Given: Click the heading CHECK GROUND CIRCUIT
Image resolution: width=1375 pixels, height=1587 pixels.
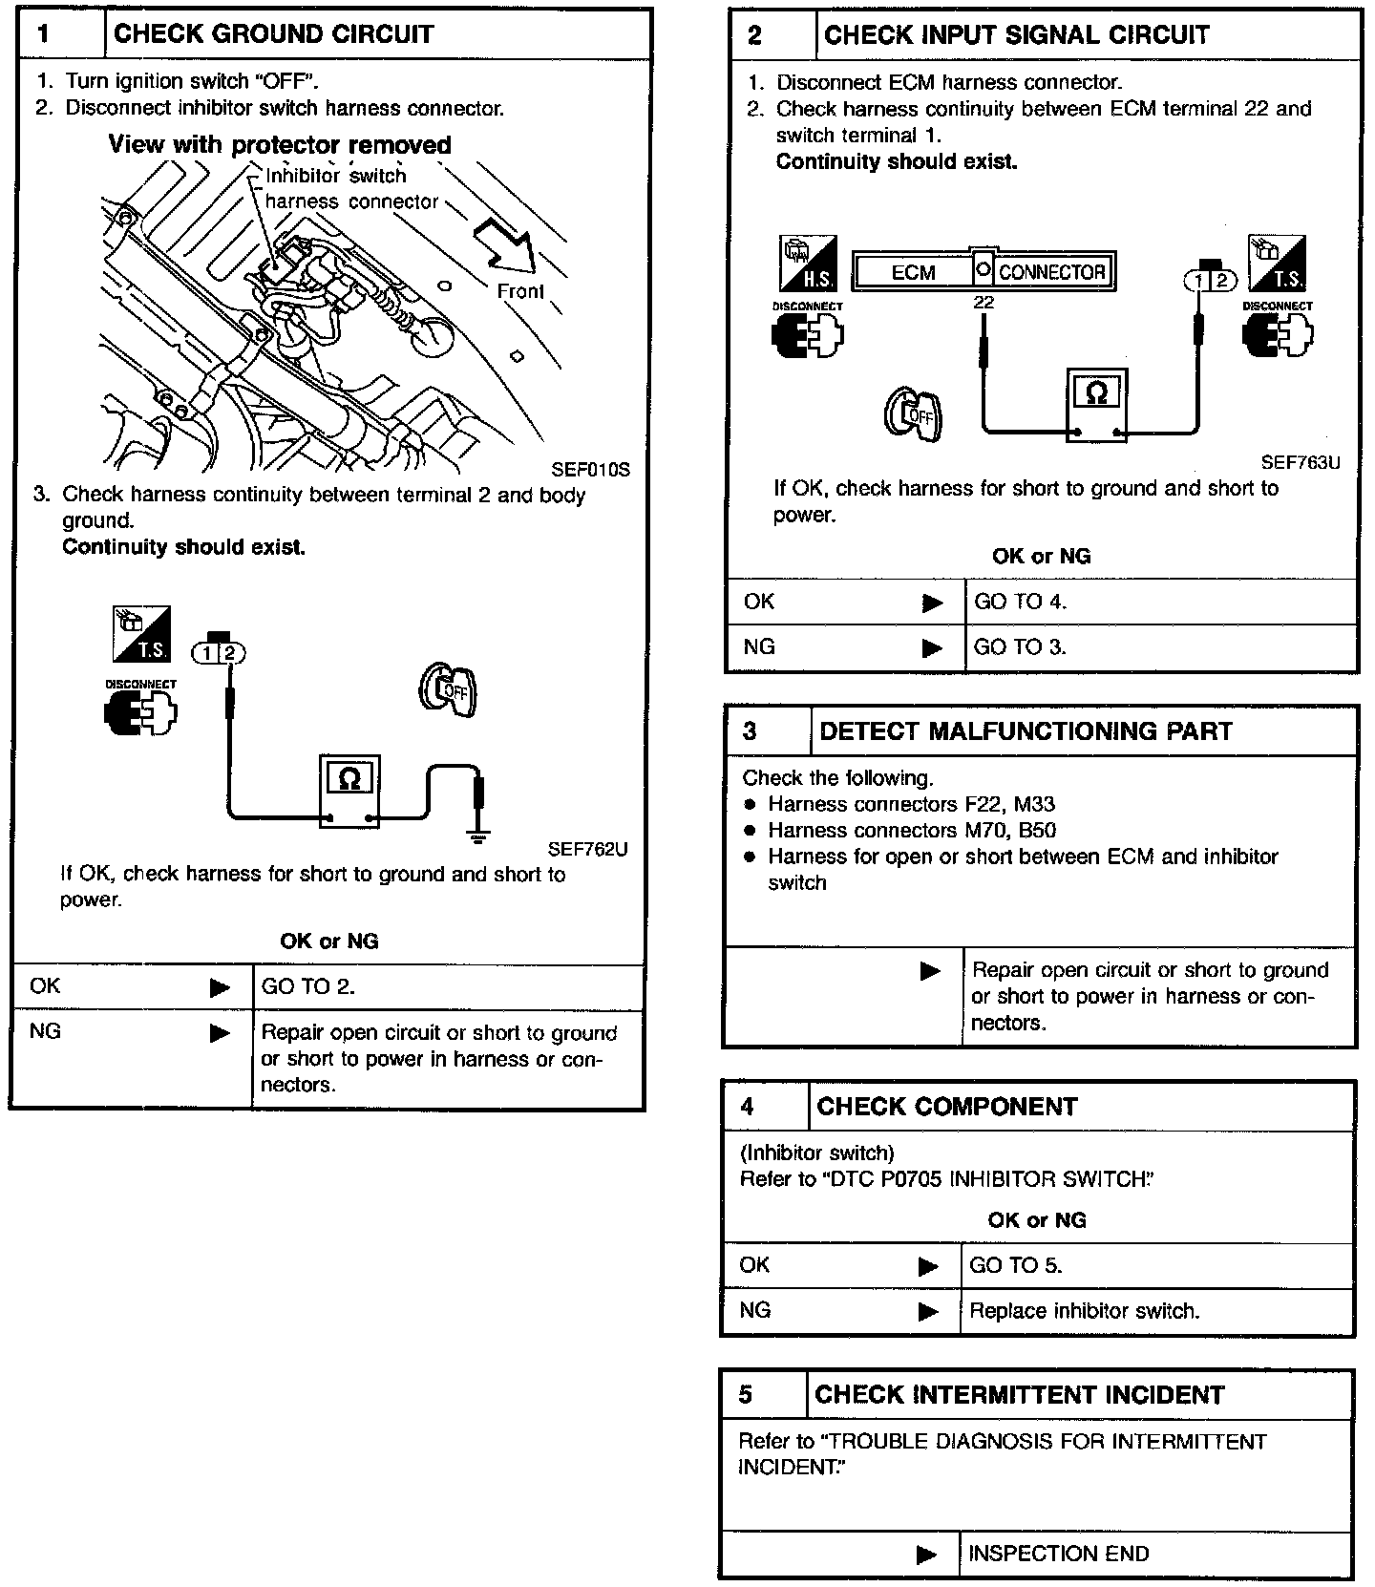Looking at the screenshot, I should (273, 34).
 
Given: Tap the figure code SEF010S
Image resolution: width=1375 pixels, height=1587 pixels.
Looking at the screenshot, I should (590, 470).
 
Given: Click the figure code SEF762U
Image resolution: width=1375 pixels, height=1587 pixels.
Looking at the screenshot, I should (587, 849).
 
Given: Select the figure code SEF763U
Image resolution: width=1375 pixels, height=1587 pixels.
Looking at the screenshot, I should (1300, 462).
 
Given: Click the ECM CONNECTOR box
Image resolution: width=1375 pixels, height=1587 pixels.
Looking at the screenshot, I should (984, 272).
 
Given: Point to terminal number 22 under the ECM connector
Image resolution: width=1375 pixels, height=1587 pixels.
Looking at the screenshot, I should (984, 303).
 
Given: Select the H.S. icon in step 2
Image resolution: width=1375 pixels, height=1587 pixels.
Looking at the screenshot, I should (808, 263).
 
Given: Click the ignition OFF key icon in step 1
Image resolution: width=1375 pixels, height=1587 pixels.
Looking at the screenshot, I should (449, 690).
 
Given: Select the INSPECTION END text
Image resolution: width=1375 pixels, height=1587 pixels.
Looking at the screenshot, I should (1058, 1554).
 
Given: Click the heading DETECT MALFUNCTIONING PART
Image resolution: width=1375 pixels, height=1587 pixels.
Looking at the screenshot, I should (1026, 731).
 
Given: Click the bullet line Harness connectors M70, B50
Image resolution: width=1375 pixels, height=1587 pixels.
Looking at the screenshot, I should (912, 831).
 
